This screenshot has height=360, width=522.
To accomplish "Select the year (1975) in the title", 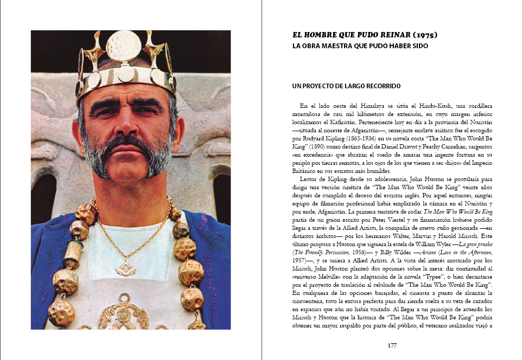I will click(x=421, y=35).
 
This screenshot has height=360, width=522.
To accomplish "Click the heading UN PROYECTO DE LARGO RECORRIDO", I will click(x=346, y=86).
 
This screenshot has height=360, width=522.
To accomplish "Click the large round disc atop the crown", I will click(x=124, y=45).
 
